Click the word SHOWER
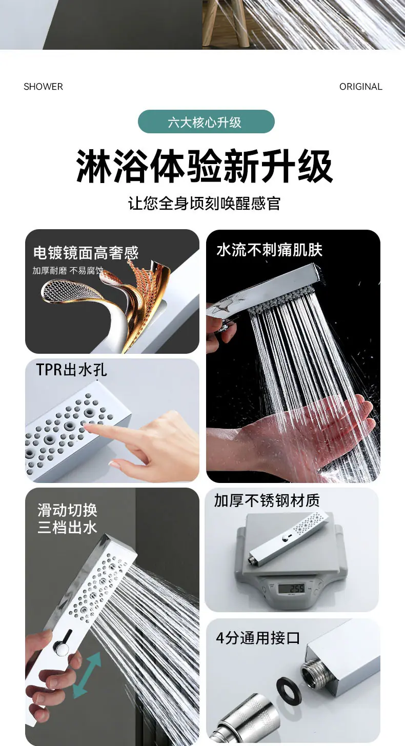43,87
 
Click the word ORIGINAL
361,87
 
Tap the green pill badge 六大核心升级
206,122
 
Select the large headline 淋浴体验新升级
205,166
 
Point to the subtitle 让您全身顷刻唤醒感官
204,203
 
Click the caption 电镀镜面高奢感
86,253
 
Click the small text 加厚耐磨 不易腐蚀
68,270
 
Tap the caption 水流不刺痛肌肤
270,250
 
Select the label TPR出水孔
71,370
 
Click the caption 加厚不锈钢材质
267,500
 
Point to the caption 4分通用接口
258,638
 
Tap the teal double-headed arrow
87,675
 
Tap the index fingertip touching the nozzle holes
87,426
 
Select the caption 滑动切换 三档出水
67,519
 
